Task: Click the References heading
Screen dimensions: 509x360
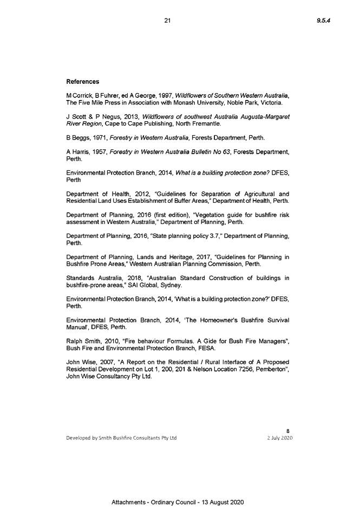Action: [x=82, y=82]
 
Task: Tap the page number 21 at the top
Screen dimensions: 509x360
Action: [x=167, y=21]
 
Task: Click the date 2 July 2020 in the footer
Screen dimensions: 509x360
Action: [x=280, y=438]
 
